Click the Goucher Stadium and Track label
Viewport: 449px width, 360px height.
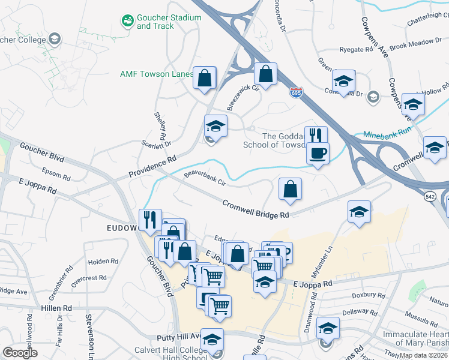tap(169, 22)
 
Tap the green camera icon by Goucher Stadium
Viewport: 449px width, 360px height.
tap(127, 22)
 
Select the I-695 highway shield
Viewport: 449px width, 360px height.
tap(296, 92)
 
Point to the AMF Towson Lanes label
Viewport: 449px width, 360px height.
tap(157, 74)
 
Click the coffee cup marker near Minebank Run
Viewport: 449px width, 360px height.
tap(318, 154)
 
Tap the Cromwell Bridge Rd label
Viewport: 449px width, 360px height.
tap(256, 209)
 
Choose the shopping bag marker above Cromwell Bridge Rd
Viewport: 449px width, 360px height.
tap(290, 189)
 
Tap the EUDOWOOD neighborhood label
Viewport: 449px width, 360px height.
tap(123, 228)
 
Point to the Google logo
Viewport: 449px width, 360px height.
tap(20, 353)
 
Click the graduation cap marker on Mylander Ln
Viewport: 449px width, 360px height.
tap(359, 212)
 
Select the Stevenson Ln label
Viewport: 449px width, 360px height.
tap(89, 335)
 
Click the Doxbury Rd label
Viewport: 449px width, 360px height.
tap(368, 295)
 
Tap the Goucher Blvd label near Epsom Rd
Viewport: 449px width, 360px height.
tap(41, 149)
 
